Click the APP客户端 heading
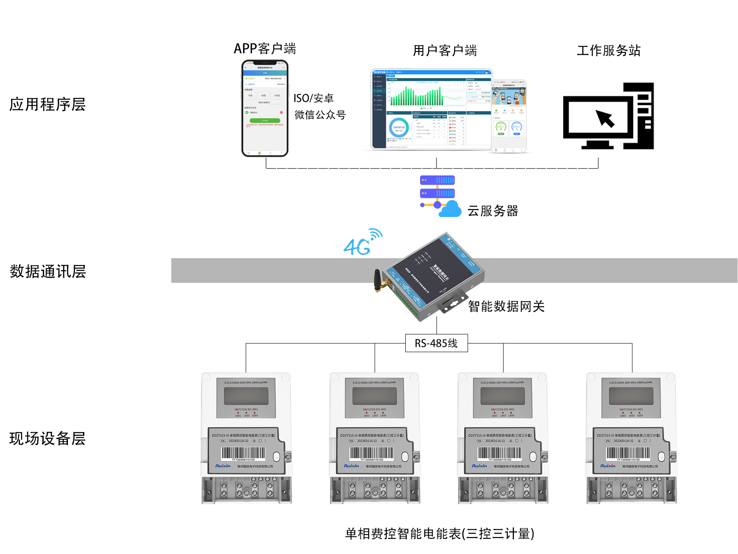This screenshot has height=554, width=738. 265,49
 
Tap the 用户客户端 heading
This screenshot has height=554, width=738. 445,51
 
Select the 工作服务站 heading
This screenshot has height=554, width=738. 608,51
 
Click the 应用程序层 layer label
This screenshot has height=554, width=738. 48,104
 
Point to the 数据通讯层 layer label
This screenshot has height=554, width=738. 48,272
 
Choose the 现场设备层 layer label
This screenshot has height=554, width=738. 48,438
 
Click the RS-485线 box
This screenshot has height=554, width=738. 436,343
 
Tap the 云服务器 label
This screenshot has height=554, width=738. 493,211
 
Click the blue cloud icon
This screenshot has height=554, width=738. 451,210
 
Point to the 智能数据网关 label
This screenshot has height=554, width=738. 506,307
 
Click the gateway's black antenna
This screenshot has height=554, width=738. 378,280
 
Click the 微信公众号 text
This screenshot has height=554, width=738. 320,115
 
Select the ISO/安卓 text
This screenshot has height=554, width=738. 314,98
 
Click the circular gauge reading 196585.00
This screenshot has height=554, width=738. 398,128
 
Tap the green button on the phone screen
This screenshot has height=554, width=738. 265,120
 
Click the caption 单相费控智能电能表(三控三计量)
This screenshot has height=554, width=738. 440,534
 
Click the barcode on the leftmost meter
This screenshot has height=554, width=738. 244,453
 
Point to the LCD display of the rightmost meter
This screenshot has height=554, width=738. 631,396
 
